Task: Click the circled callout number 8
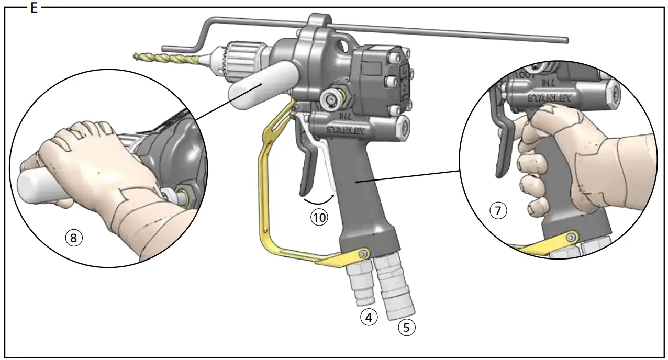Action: pos(74,238)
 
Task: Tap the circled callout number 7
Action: pos(498,211)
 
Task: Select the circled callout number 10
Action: pos(319,217)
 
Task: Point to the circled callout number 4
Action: pos(369,317)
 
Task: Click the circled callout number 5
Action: pos(407,328)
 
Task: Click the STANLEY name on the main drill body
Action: pos(346,129)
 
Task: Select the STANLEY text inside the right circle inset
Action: pos(549,98)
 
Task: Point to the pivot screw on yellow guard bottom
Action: pos(361,254)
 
